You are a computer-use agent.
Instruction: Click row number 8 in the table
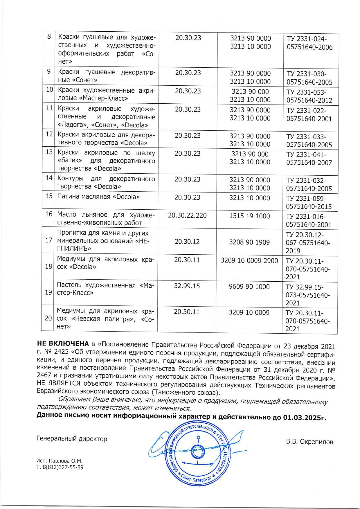(49, 37)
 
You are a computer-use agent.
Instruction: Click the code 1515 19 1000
(249, 216)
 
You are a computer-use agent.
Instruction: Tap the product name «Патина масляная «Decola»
(98, 197)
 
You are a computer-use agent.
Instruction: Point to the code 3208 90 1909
(249, 242)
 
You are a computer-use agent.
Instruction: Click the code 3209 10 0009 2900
(249, 260)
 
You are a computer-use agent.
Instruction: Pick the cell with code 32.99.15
(187, 286)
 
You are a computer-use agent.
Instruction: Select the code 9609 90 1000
(249, 287)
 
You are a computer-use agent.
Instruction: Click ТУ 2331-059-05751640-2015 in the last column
(309, 203)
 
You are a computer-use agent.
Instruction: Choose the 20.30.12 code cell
(187, 242)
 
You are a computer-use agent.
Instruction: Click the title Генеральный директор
(72, 439)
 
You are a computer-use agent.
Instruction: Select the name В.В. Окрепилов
(309, 442)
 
